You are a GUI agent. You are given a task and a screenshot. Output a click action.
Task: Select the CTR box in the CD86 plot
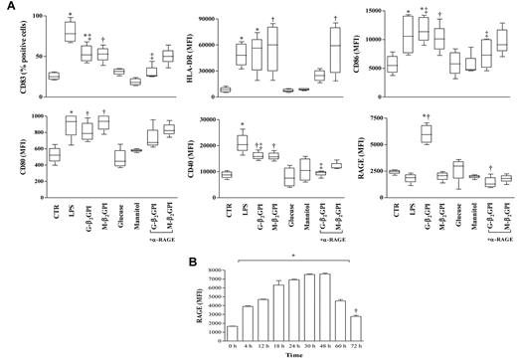pos(392,63)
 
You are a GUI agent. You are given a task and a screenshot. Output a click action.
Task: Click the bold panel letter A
pos(7,7)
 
